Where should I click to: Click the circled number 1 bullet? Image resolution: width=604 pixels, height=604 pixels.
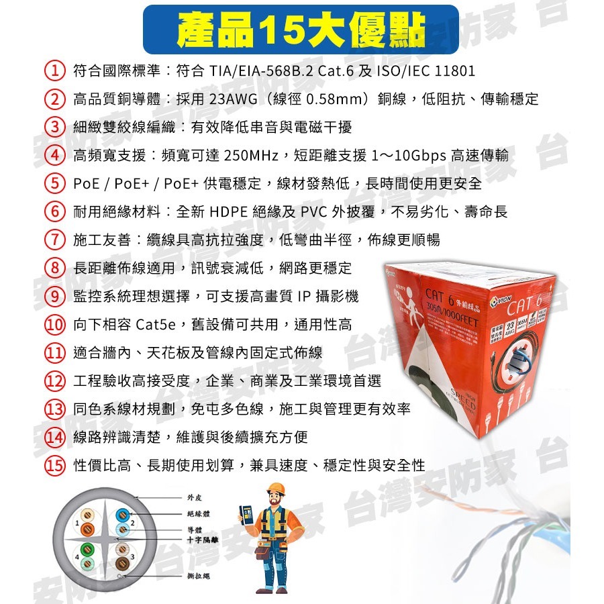[54, 71]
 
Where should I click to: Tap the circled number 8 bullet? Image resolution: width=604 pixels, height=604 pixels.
[54, 268]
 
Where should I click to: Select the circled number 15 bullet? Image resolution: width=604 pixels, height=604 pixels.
[54, 465]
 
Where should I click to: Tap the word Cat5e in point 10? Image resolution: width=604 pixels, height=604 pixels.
[155, 325]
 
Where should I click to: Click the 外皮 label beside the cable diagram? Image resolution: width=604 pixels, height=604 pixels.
[194, 498]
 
